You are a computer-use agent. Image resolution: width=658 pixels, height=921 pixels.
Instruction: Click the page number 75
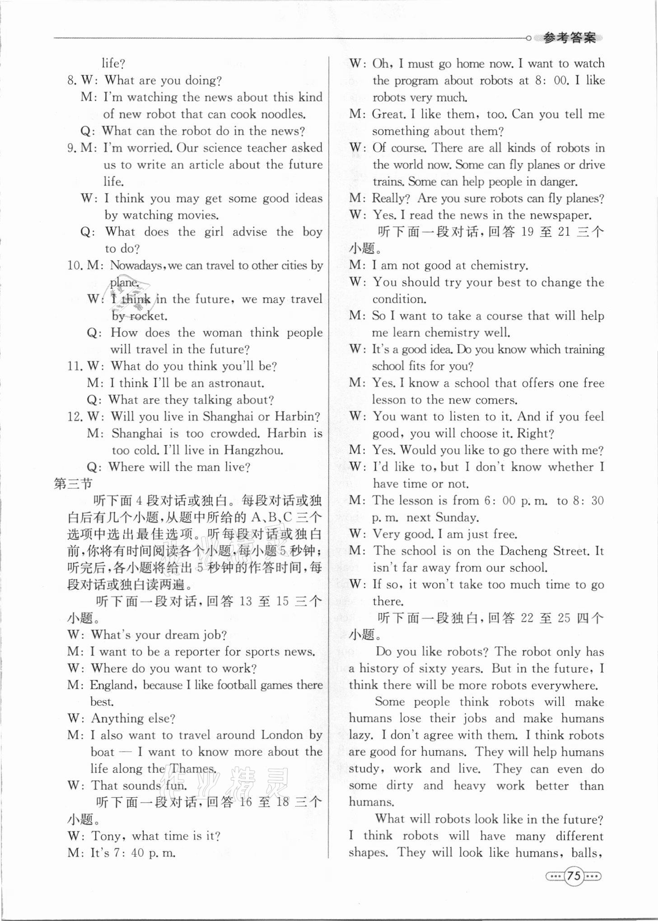tap(573, 875)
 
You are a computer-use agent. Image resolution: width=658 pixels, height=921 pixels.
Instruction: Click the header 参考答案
tap(569, 38)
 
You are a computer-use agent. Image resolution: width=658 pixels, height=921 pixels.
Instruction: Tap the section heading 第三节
tap(73, 484)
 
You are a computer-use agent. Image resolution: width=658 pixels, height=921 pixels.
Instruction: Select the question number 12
tap(74, 416)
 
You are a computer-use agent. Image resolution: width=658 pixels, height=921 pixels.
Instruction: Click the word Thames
tap(192, 769)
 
